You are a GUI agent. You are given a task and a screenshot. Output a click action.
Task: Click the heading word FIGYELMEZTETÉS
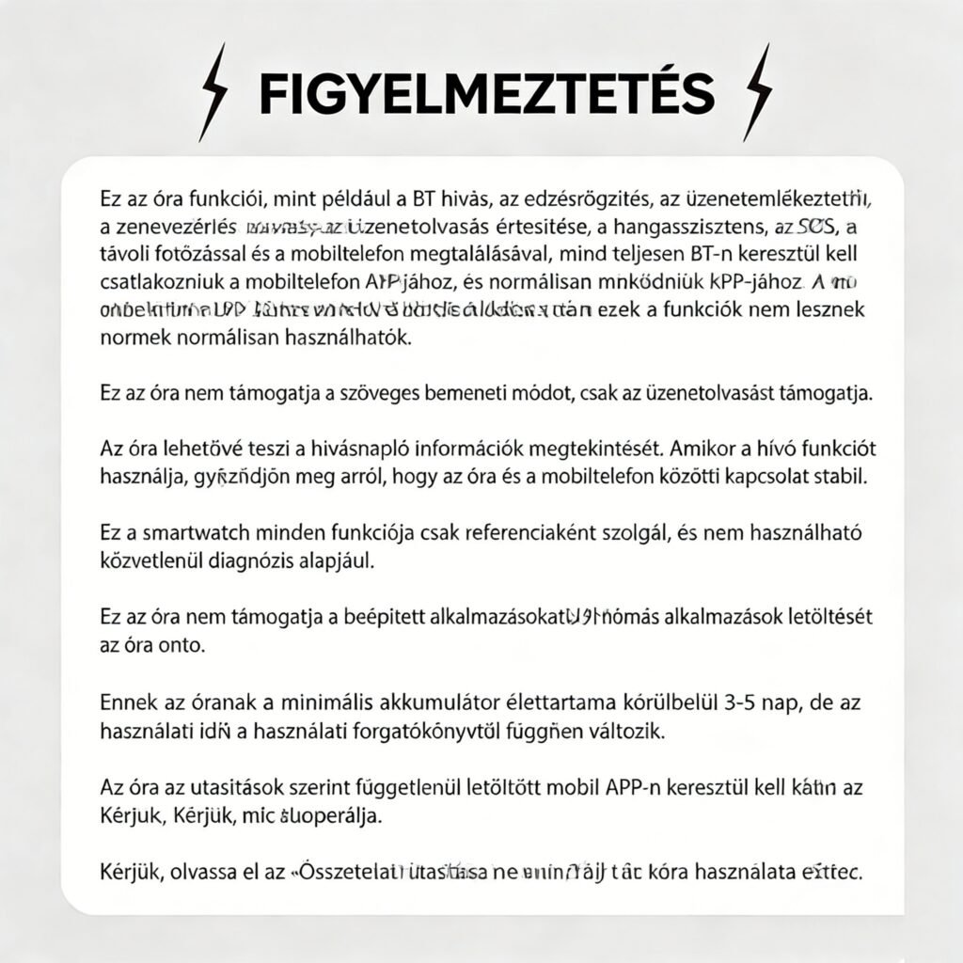(x=486, y=92)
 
